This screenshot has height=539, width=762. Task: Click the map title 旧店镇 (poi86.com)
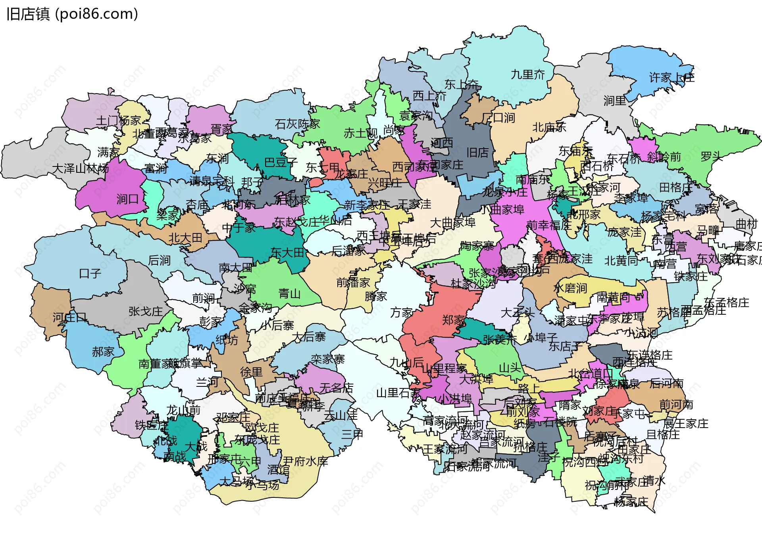tap(72, 14)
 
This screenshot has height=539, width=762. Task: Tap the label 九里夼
tap(527, 75)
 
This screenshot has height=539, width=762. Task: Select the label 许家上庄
tap(672, 77)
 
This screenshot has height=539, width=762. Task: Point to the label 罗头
tap(711, 157)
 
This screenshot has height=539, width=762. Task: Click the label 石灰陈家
tap(297, 124)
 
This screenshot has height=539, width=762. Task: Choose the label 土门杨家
tap(118, 120)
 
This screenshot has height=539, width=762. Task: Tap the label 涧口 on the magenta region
tap(127, 199)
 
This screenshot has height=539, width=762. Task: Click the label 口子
tap(90, 273)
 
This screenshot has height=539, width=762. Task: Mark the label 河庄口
tap(70, 317)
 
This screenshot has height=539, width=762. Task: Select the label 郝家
tap(103, 352)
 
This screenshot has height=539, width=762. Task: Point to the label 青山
tap(289, 294)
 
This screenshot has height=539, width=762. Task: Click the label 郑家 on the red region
tap(453, 320)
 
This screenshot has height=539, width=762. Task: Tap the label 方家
tap(401, 313)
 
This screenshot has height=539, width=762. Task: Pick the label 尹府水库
tap(305, 461)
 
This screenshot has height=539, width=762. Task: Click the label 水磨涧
tap(570, 288)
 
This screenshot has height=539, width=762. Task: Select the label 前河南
tap(676, 405)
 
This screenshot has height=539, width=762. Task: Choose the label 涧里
tap(615, 101)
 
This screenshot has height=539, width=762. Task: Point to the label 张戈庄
tap(146, 312)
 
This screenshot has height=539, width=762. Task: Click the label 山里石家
tap(398, 393)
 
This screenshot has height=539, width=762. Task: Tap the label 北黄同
tap(621, 261)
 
